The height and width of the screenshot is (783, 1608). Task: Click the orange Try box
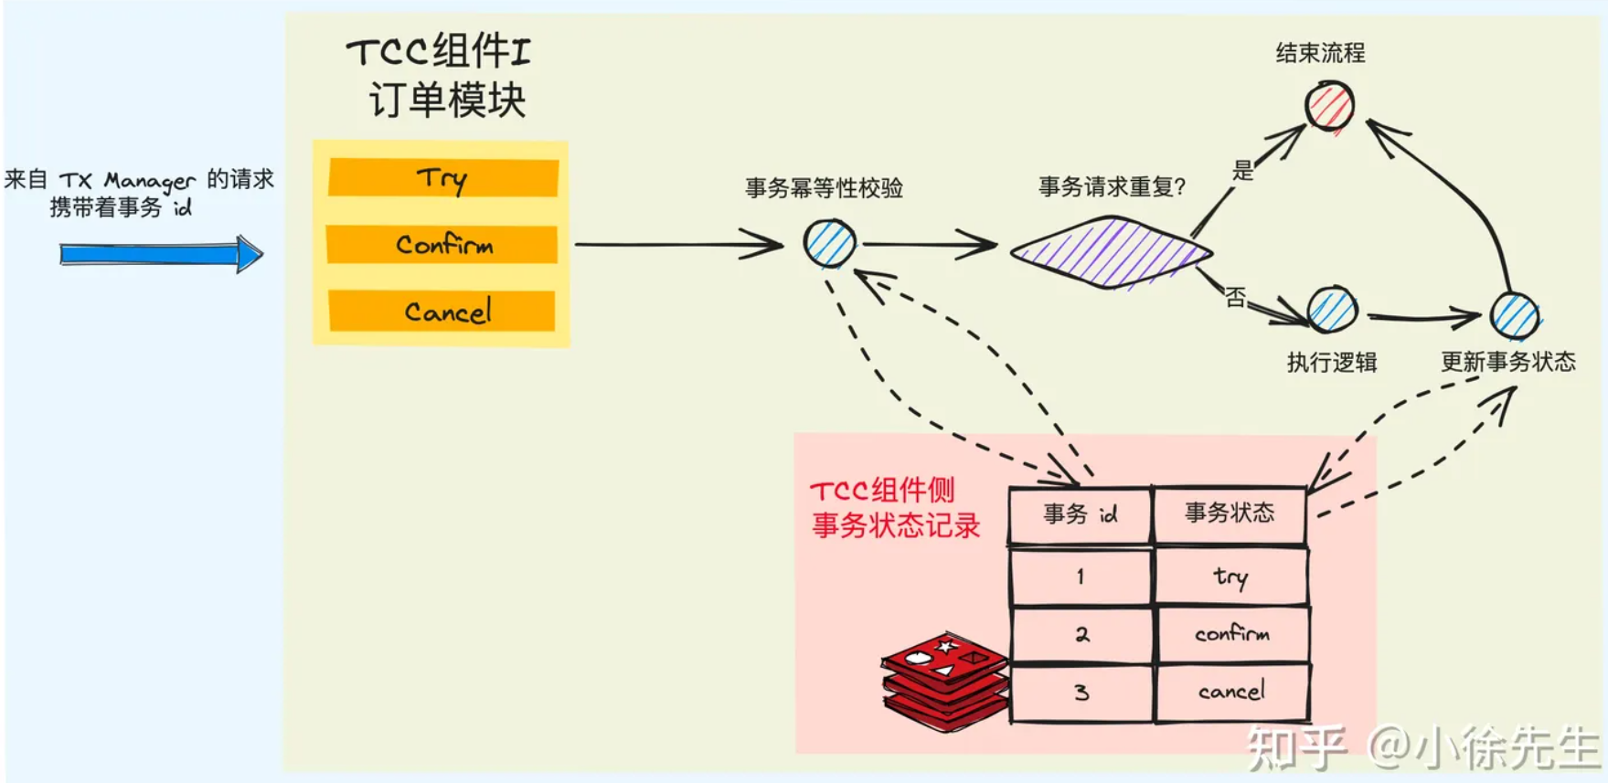click(443, 177)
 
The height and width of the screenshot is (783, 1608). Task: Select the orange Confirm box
click(442, 245)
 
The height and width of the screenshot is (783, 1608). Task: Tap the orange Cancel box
click(442, 312)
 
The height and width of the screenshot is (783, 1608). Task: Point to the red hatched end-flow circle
click(1329, 105)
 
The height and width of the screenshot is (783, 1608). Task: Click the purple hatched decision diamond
click(1111, 252)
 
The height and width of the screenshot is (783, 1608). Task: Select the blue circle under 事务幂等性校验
click(830, 243)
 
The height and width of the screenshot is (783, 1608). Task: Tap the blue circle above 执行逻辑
click(1332, 310)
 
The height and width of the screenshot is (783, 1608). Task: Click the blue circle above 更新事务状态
click(1515, 315)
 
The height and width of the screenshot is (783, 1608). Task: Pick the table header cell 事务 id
click(1081, 515)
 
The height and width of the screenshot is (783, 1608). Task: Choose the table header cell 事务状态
click(1230, 513)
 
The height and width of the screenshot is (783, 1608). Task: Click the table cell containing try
click(1230, 577)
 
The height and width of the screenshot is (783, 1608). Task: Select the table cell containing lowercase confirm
click(1231, 634)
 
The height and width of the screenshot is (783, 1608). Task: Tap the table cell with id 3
click(1081, 693)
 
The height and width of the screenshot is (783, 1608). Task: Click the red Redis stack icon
click(945, 681)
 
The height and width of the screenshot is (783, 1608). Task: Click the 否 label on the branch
click(1236, 297)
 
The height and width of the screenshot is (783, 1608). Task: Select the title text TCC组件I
click(438, 51)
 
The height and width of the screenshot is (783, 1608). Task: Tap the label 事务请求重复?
click(1112, 187)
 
